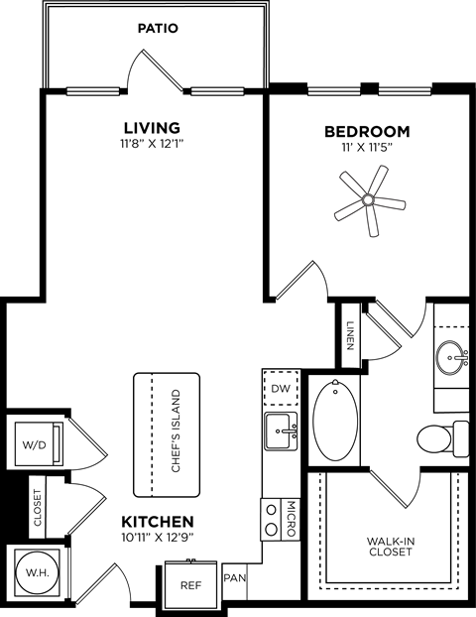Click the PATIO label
point(157,29)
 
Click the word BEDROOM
point(367,131)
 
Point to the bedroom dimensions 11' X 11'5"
point(367,149)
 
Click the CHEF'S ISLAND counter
point(167,433)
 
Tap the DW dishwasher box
point(281,389)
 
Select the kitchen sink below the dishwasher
point(281,431)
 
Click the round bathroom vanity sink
point(452,353)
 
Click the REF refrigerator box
point(190,585)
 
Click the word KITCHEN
point(157,521)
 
